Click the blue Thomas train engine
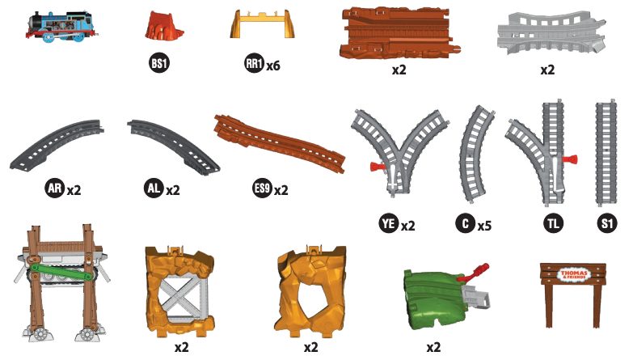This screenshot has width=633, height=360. point(61,27)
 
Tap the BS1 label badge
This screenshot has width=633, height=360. point(158,63)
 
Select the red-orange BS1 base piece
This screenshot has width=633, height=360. point(163,26)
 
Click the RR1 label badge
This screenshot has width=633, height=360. point(255,63)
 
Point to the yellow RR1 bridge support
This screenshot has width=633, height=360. point(263,24)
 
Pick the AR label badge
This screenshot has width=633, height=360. point(54,188)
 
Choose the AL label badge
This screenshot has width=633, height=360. point(154,188)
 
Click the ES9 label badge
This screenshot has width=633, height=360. point(262,188)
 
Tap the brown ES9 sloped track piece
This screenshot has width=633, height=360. point(280,143)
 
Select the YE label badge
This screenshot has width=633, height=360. point(389,223)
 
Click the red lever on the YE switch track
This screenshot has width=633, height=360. point(378,166)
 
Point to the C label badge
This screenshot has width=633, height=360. point(466,223)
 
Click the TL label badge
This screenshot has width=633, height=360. point(553,223)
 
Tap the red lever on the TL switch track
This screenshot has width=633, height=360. point(570,159)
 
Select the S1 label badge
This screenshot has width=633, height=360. point(607,223)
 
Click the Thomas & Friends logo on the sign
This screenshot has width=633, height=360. point(573,275)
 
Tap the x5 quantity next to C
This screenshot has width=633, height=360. point(484,226)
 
